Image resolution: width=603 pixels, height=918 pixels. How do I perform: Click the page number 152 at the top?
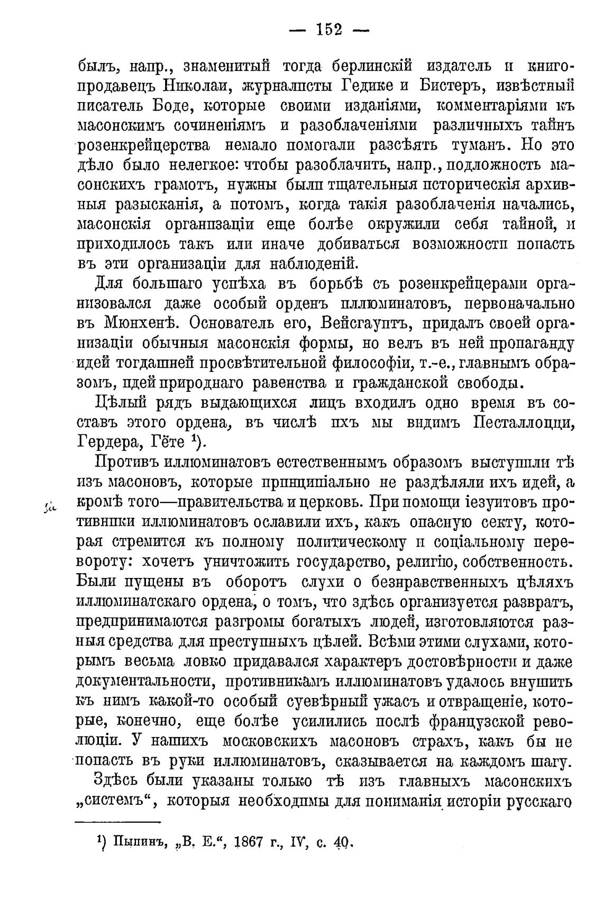pyautogui.click(x=329, y=30)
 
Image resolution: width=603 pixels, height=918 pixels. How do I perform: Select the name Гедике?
pyautogui.click(x=362, y=86)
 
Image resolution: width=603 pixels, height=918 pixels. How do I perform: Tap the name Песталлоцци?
pyautogui.click(x=523, y=423)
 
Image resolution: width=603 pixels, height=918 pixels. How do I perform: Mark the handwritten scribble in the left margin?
pyautogui.click(x=50, y=507)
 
